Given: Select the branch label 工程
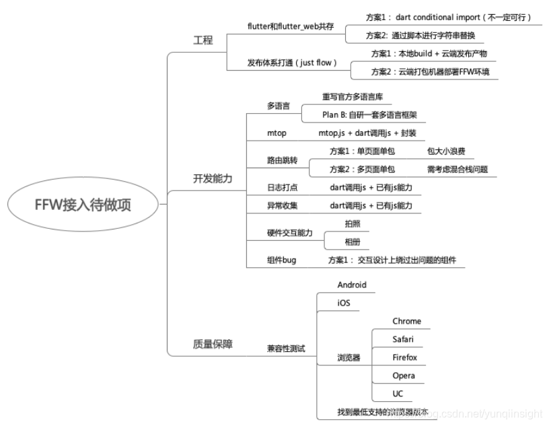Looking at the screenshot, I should [x=203, y=40].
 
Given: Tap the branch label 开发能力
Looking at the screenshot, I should [x=212, y=178].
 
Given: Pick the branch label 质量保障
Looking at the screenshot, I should [x=212, y=344].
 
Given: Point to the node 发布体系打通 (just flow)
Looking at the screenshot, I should [x=291, y=63].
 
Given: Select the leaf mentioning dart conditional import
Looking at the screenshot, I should [x=438, y=17].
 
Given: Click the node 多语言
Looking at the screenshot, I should [x=278, y=106].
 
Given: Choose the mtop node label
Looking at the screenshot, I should [x=277, y=133].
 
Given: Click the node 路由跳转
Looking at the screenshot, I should [x=282, y=161].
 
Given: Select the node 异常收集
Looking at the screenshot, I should [x=282, y=205].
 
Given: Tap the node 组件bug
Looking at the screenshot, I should [x=281, y=260].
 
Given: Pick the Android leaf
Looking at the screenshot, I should [x=352, y=285].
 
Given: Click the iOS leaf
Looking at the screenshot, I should [x=344, y=304].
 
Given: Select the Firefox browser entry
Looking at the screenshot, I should [x=404, y=357].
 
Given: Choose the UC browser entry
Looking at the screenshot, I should [x=398, y=394].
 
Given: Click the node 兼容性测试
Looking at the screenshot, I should [x=286, y=349].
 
